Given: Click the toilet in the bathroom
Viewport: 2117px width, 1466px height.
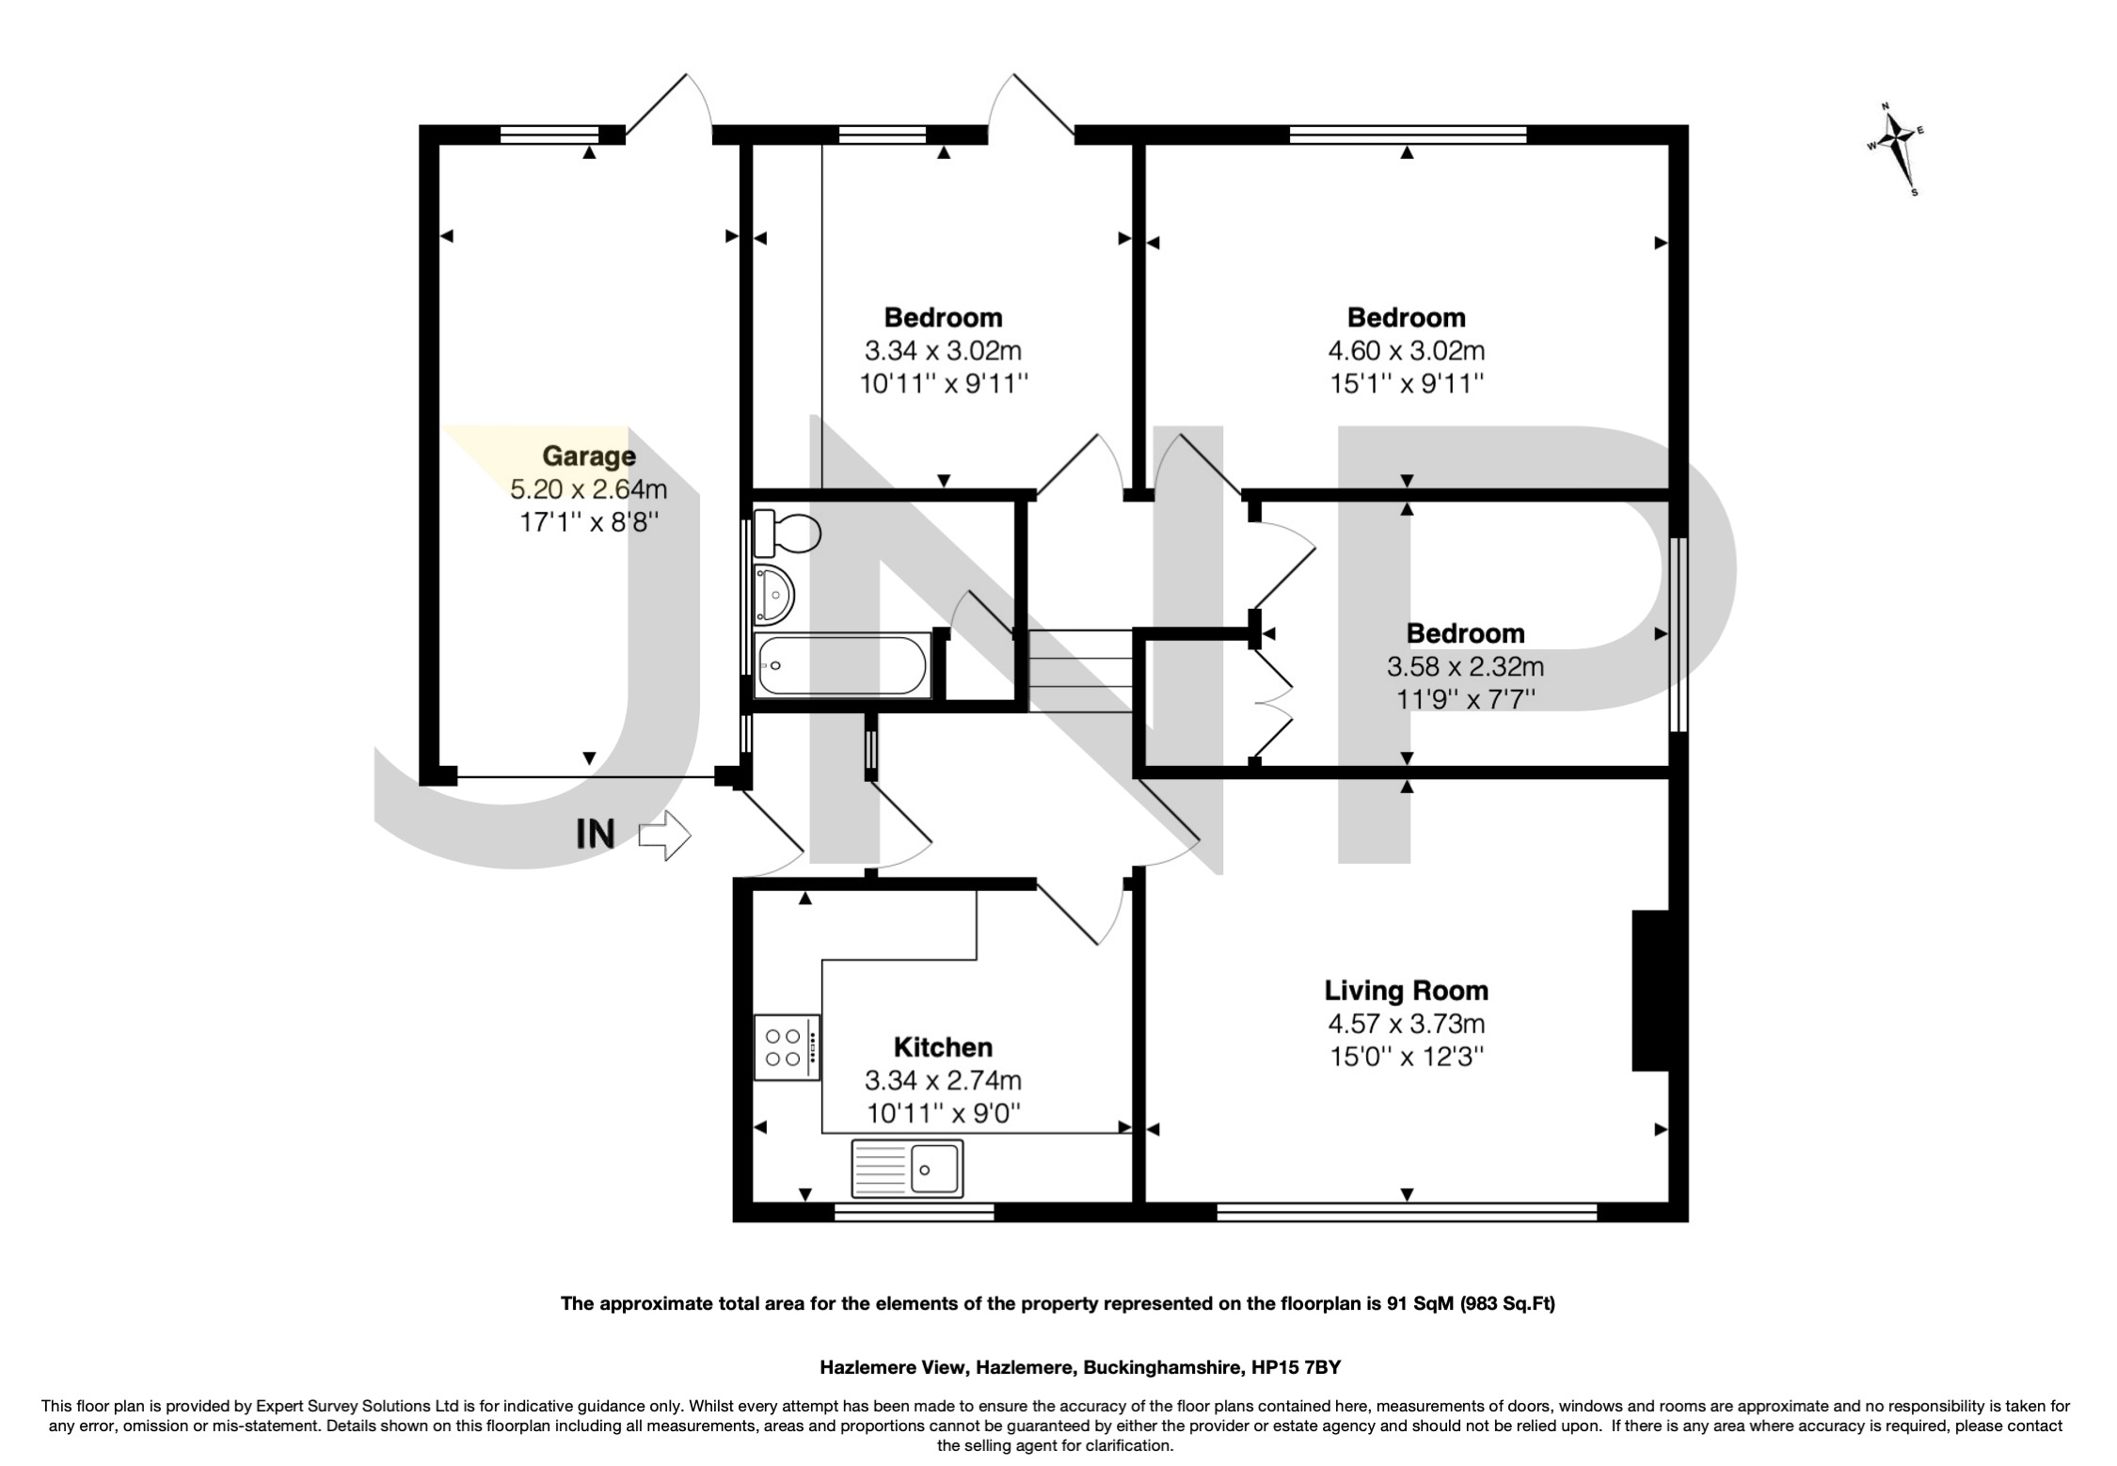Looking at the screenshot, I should click(788, 534).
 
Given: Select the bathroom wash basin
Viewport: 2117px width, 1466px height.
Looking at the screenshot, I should click(775, 595).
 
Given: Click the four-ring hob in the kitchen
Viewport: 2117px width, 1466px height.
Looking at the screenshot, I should click(787, 1047).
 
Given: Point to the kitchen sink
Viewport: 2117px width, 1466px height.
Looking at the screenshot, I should click(907, 1169).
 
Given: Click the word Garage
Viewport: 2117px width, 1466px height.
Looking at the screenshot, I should click(589, 456).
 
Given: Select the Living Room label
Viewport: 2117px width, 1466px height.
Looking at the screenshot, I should click(1406, 990).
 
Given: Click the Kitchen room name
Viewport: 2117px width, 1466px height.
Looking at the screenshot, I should click(943, 1046).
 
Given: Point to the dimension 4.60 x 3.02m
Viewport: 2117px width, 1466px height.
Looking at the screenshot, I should click(1406, 351).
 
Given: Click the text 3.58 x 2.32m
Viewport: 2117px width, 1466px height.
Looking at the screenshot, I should click(1465, 667).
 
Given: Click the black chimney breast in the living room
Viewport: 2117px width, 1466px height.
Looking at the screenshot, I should click(1650, 990).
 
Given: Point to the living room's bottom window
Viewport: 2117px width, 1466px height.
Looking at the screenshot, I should click(1407, 1212).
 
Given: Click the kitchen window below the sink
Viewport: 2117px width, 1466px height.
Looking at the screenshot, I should click(914, 1212).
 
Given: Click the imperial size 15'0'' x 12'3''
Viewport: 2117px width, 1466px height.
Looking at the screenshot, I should click(1406, 1057).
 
